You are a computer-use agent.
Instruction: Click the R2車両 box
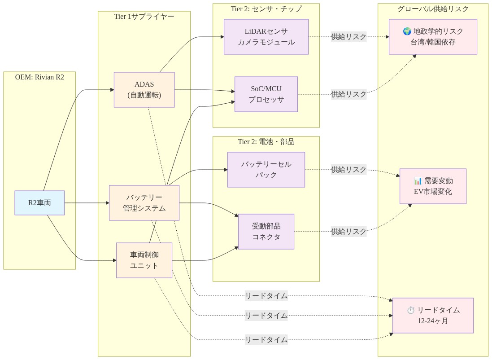(39, 202)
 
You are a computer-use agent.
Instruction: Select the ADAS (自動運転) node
(144, 90)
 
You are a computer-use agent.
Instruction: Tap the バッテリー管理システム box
(144, 203)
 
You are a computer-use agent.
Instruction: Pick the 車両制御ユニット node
(144, 260)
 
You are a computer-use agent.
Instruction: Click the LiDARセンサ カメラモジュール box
(266, 37)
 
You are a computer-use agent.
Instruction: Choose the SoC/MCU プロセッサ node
(266, 94)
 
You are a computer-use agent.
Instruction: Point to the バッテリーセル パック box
(266, 170)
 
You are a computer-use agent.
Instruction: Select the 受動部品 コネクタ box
(266, 232)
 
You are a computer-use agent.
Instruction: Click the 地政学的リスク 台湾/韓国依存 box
(433, 37)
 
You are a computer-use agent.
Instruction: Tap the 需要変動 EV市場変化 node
(433, 186)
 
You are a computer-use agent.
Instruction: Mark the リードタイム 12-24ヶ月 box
(433, 316)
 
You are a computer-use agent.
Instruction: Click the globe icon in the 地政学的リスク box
(407, 31)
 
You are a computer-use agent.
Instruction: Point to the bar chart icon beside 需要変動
(418, 181)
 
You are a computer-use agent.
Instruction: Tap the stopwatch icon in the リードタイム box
(411, 310)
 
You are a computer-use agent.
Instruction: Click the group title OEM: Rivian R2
(39, 77)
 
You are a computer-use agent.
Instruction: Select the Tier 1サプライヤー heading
(144, 16)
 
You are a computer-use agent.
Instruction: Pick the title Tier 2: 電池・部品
(266, 142)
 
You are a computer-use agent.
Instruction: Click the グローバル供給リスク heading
(433, 9)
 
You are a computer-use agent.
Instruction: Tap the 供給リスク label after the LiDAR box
(348, 37)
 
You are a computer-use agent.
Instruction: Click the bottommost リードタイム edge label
(266, 340)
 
